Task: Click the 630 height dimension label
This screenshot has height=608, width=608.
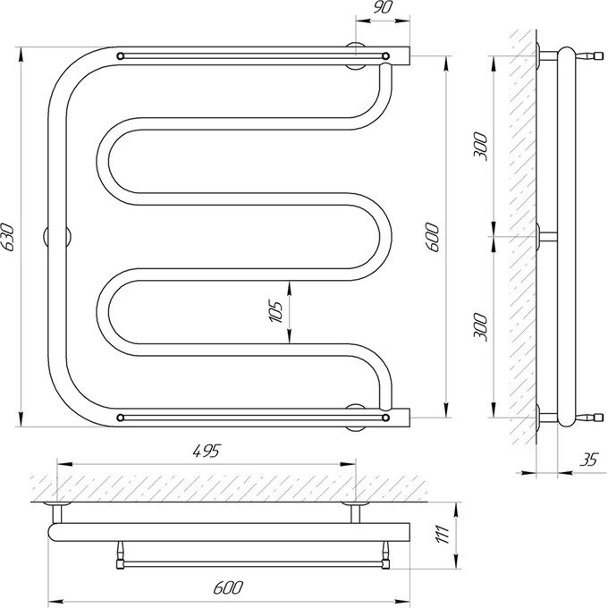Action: (x=7, y=237)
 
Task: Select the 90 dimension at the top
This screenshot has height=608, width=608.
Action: (x=383, y=8)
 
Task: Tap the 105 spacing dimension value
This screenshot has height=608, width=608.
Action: (x=275, y=312)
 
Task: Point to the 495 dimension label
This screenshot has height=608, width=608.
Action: (x=206, y=452)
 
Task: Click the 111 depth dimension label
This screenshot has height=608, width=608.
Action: (x=443, y=535)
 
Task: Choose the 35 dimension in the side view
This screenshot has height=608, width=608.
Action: (x=589, y=460)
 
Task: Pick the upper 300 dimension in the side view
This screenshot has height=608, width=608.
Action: (x=480, y=147)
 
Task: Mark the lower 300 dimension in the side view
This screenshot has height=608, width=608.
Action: (x=480, y=327)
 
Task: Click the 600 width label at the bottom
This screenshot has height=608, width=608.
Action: (x=228, y=587)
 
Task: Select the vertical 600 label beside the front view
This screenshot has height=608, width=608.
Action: (x=434, y=237)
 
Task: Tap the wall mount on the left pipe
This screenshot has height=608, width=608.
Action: (x=57, y=237)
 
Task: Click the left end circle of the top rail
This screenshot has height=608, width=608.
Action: (x=120, y=55)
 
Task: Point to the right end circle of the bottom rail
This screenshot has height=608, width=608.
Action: (x=385, y=418)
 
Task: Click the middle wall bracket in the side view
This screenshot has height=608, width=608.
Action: (x=546, y=237)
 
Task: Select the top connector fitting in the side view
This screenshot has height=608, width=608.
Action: (x=590, y=56)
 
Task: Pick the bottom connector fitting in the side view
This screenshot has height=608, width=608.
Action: (x=590, y=418)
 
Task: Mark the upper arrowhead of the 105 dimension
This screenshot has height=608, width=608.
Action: (x=290, y=289)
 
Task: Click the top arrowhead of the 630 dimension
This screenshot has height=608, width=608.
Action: (x=21, y=55)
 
